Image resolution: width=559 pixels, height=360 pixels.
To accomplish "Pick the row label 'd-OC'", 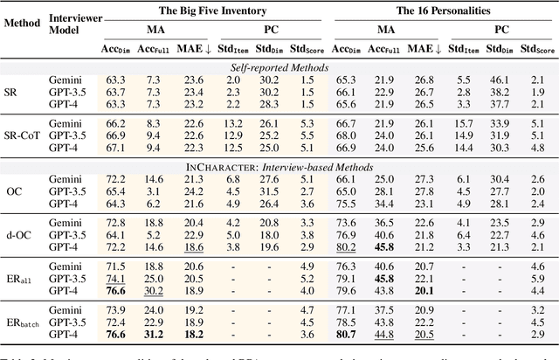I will tap(22, 236).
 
